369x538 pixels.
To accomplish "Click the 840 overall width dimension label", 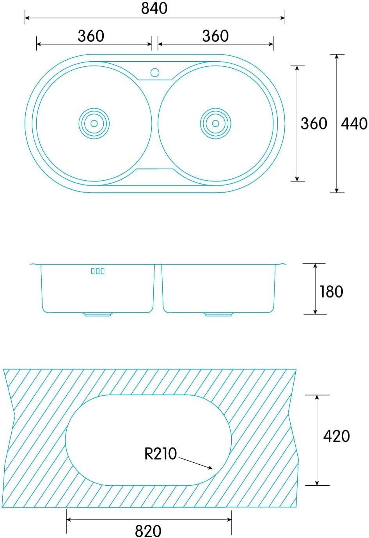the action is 154,9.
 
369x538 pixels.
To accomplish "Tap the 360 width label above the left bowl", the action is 91,36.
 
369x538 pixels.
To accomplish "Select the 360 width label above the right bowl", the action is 215,36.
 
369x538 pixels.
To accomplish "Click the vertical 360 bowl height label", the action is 314,124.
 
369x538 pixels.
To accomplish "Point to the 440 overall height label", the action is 354,124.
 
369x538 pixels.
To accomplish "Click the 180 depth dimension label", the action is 331,292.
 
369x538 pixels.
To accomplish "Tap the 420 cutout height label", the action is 336,436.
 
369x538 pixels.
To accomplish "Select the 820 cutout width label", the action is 148,531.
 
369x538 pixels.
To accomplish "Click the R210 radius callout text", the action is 160,453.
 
